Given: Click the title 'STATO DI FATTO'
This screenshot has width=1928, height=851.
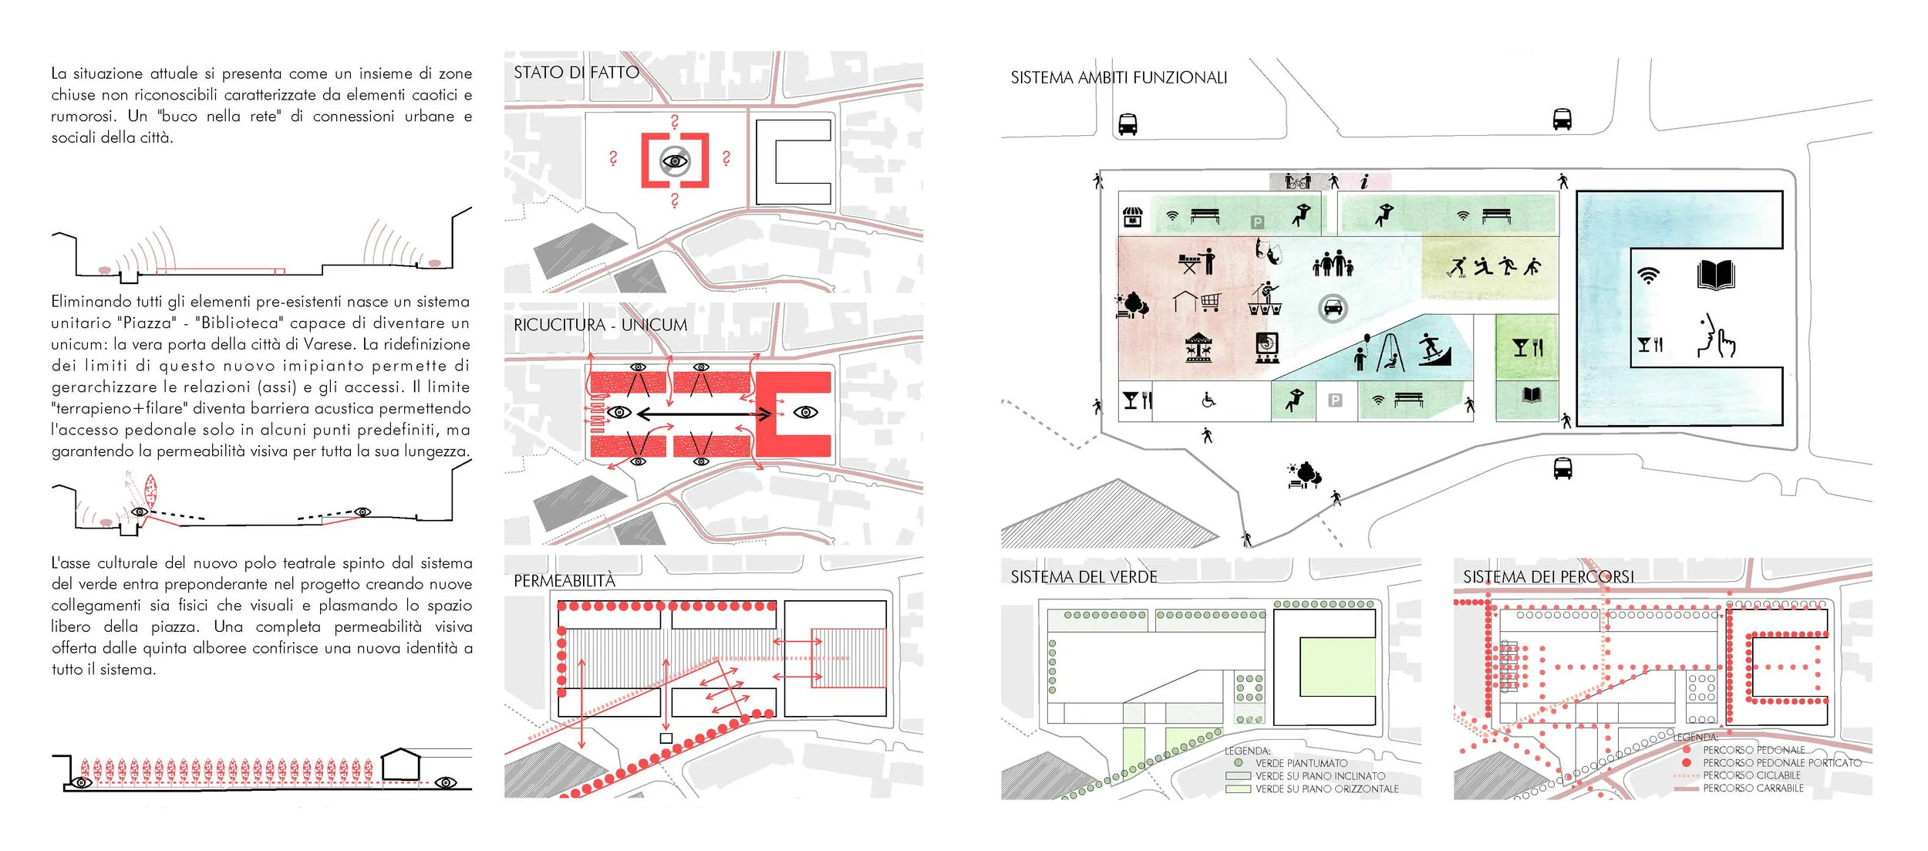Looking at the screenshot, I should coord(576,73).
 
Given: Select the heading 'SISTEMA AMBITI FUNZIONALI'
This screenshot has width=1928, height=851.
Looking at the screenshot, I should coord(1118,78).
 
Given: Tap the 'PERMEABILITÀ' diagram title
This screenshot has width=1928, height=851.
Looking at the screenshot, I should coord(565,581).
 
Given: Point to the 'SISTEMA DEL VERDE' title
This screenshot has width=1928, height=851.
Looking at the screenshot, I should coord(1084,577).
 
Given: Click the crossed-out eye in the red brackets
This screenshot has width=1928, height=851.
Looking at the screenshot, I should coord(675,161).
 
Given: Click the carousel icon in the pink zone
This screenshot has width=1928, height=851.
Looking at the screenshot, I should coord(1198,347).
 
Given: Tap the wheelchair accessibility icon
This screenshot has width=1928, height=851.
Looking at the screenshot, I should coord(1208,400).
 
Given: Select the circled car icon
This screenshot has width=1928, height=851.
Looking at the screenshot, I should coord(1332,309).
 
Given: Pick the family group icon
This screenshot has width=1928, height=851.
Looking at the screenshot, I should coord(1333,264).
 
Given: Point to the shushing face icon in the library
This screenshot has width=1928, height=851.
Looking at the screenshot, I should coord(1716,336).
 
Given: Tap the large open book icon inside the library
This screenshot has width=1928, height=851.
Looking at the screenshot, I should coord(1716,275).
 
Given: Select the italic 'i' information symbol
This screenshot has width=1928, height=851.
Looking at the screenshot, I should coord(1364,182).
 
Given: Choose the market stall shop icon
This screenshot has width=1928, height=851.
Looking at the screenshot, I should coord(1132,217).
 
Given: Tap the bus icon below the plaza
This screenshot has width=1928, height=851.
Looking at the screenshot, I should coord(1562,468).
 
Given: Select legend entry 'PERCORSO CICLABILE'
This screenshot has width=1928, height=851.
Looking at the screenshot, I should coord(1751,775).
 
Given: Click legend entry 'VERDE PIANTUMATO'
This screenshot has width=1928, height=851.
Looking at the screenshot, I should coord(1301,763).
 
